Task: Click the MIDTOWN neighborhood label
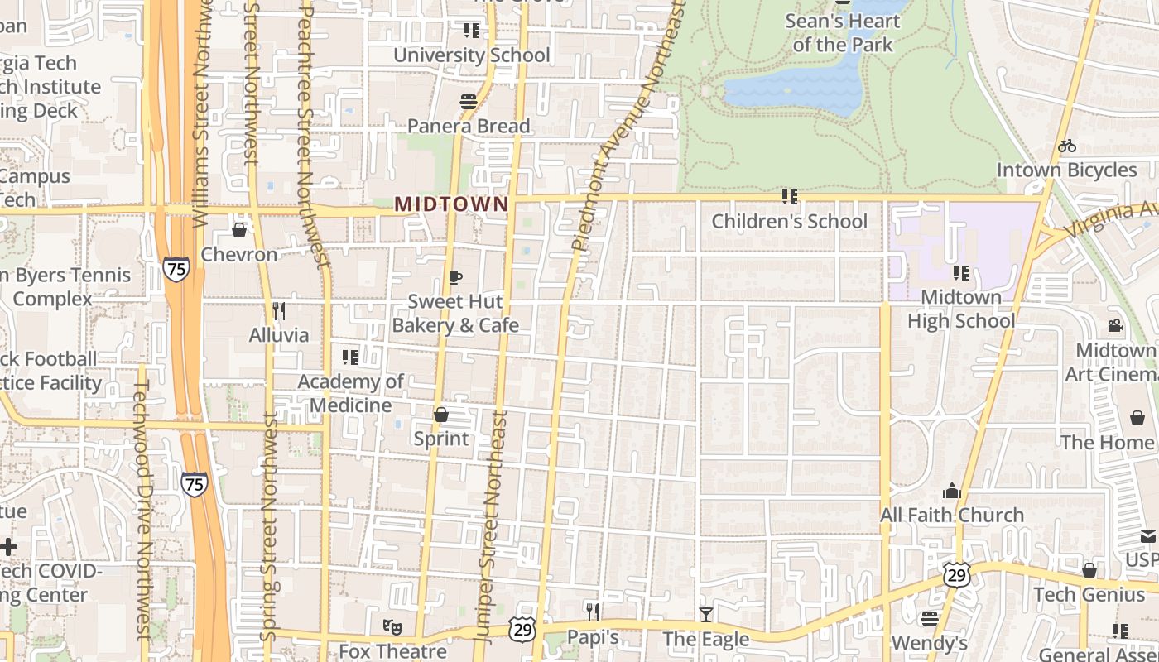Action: [x=451, y=204]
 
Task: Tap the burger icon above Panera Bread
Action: [x=469, y=102]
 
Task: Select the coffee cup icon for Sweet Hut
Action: [x=454, y=277]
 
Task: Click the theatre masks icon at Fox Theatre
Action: [x=392, y=627]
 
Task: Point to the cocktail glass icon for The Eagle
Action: [x=705, y=614]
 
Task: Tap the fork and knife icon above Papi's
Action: [x=593, y=612]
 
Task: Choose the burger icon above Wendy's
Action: [x=930, y=618]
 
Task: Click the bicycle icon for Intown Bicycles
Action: [x=1067, y=146]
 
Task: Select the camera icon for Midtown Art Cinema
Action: [x=1115, y=325]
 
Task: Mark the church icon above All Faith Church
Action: [x=951, y=491]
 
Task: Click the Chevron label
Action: [x=239, y=254]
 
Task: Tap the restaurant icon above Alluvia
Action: [x=279, y=311]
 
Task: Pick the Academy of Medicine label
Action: [x=350, y=393]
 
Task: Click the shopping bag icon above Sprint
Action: [x=441, y=414]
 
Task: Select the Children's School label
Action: [x=790, y=222]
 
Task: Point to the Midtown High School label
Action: [x=960, y=309]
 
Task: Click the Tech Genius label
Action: [x=1089, y=594]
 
